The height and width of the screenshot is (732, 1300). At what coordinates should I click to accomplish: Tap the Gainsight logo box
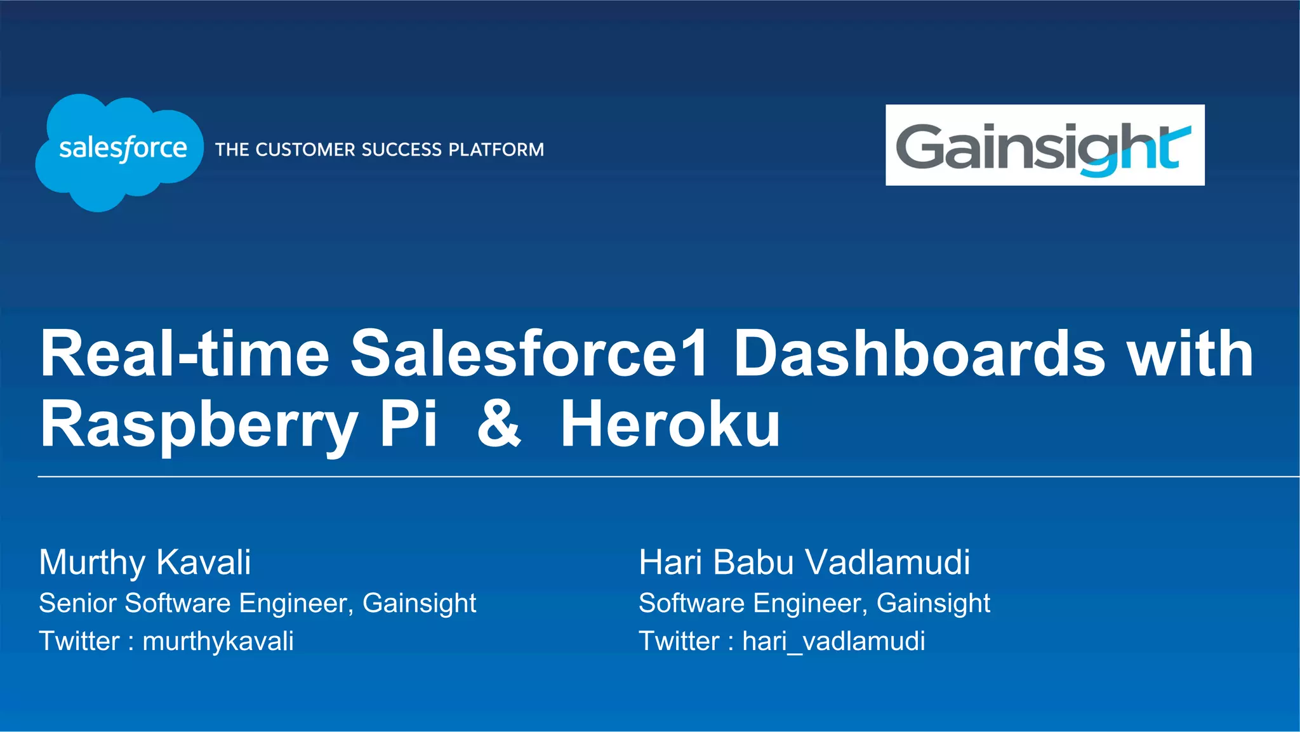point(1044,145)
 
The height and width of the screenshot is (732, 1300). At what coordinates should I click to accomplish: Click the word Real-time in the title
point(184,354)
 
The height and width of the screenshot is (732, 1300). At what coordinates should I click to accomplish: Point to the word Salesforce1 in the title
point(529,354)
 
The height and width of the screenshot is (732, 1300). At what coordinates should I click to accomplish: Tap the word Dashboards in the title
point(919,354)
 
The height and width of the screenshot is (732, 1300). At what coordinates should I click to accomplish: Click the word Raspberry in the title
point(199,425)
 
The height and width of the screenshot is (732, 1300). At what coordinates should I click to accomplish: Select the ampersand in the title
point(499,424)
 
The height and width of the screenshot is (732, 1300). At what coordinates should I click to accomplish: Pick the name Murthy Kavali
point(145,562)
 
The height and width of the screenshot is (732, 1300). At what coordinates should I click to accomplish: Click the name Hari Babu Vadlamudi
point(804,562)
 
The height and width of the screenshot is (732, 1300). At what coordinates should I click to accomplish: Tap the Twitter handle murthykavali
point(218,642)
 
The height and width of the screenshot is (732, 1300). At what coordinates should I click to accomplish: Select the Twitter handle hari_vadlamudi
point(833,642)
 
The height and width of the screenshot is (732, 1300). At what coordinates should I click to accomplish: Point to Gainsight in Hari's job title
point(933,603)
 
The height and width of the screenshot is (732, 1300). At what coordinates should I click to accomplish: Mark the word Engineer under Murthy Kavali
point(296,603)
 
